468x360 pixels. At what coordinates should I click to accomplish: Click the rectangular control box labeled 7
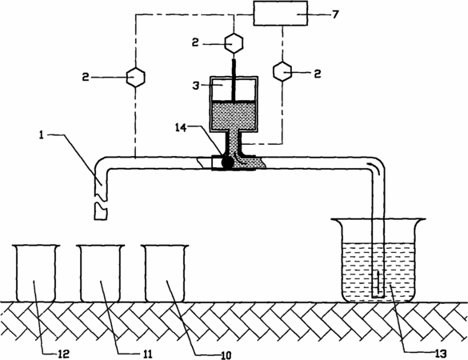(281, 14)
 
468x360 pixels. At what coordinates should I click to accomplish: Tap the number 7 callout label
(335, 14)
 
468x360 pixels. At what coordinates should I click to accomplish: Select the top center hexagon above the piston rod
(234, 43)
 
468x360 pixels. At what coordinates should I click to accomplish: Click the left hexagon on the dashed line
(136, 78)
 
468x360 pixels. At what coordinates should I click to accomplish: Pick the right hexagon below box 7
(282, 72)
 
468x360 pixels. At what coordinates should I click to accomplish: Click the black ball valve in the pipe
(227, 162)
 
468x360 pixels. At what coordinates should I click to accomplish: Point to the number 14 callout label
(181, 127)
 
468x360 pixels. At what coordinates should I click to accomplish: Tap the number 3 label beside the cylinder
(196, 86)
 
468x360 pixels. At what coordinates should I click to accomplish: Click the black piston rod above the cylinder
(234, 80)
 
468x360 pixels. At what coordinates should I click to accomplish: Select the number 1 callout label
(41, 135)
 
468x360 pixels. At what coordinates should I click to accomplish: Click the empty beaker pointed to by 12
(36, 273)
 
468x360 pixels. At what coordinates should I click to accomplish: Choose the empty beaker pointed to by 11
(100, 273)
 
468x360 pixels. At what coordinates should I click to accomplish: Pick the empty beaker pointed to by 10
(165, 273)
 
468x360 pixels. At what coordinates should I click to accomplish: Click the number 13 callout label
(441, 354)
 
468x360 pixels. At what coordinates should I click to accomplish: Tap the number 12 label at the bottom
(64, 354)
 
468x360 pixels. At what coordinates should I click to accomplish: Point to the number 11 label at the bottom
(147, 354)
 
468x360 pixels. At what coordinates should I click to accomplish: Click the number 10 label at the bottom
(226, 355)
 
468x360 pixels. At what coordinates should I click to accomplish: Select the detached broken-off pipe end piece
(101, 211)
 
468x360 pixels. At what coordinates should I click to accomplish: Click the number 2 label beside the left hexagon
(86, 78)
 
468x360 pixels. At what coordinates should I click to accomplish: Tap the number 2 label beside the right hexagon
(318, 73)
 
